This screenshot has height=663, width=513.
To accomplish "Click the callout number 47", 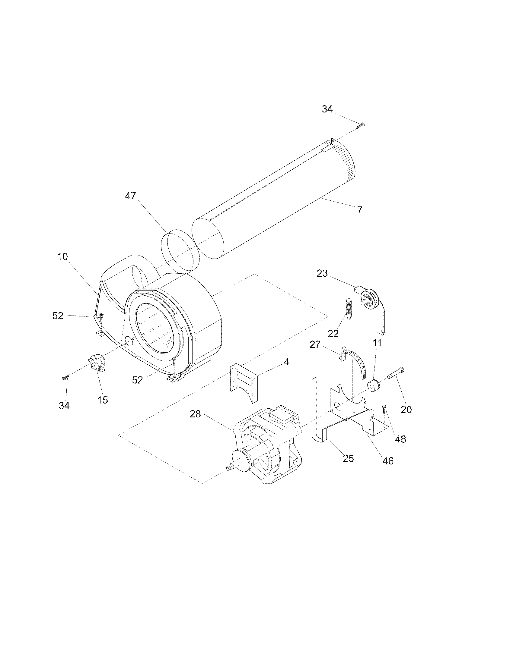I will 130,196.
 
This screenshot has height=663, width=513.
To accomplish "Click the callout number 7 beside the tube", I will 359,210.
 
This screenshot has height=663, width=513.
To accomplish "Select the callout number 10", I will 62,257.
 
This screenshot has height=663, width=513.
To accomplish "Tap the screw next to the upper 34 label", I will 361,124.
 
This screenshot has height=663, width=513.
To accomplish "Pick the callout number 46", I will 388,461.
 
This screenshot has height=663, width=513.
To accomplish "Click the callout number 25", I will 348,458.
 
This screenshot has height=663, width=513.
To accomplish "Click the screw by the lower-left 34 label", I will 66,377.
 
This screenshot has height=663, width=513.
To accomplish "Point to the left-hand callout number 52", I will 58,316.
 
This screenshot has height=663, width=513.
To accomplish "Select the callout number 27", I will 315,344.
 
